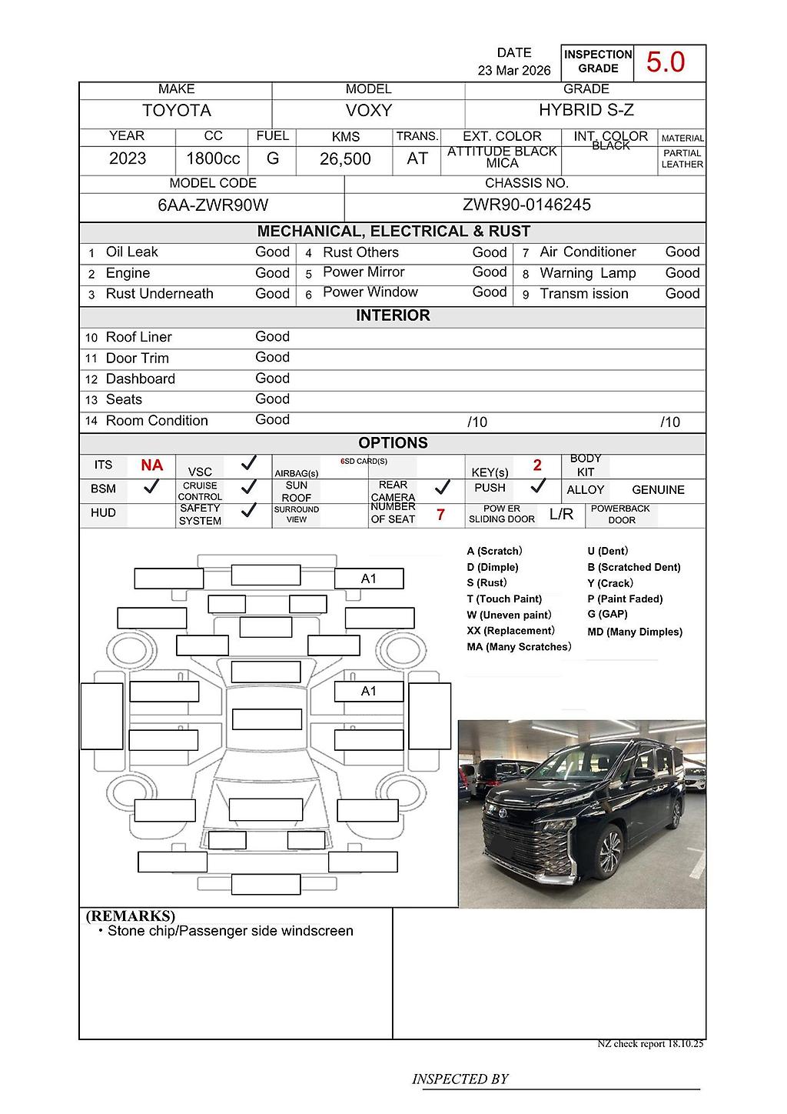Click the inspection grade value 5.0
tap(665, 62)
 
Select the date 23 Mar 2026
tap(514, 70)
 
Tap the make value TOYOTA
tap(177, 111)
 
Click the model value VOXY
tap(369, 111)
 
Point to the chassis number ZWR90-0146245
tap(526, 205)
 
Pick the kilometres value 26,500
tap(345, 159)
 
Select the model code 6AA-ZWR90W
tap(213, 205)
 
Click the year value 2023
tap(128, 158)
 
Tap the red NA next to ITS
tap(151, 465)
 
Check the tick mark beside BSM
tap(151, 486)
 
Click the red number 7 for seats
tap(440, 515)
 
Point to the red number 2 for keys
tap(537, 465)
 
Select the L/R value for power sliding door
tap(561, 515)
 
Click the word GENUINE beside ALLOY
tap(658, 490)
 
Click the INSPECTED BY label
tap(460, 1079)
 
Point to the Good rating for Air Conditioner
tap(682, 252)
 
